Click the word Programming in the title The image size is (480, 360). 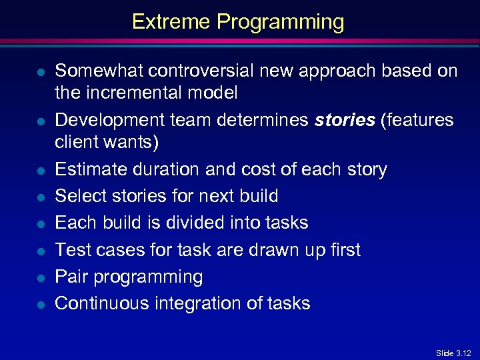coord(281,22)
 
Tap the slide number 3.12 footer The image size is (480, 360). coord(453,353)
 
